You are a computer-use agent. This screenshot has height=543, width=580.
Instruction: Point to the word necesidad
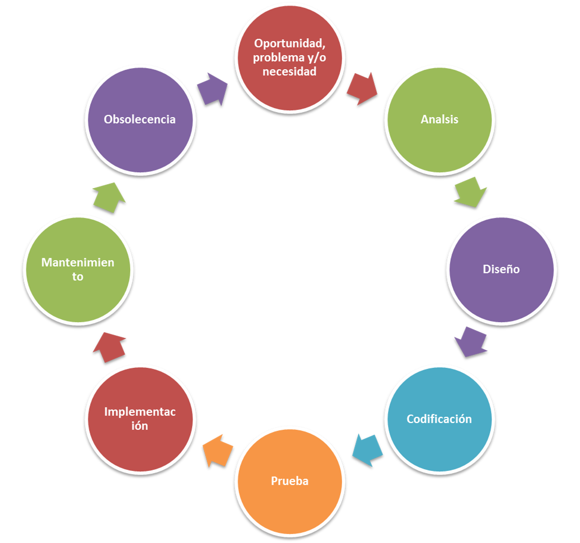pyautogui.click(x=289, y=72)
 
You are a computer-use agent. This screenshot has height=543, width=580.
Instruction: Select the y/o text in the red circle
pyautogui.click(x=314, y=57)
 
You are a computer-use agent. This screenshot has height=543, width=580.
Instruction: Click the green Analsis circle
pyautogui.click(x=440, y=119)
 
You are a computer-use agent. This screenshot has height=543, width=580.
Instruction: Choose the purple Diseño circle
pyautogui.click(x=501, y=269)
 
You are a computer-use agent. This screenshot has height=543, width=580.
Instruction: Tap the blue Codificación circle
pyautogui.click(x=439, y=419)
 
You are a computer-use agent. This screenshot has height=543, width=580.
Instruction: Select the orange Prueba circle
pyautogui.click(x=289, y=482)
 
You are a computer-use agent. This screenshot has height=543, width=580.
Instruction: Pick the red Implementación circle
pyautogui.click(x=140, y=419)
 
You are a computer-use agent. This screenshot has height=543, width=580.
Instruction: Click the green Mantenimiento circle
pyautogui.click(x=78, y=269)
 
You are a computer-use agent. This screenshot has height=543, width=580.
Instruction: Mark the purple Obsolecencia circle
pyautogui.click(x=140, y=119)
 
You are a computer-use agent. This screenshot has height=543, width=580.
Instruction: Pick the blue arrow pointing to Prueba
pyautogui.click(x=367, y=450)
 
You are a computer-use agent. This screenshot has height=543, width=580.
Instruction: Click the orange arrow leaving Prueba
pyautogui.click(x=217, y=451)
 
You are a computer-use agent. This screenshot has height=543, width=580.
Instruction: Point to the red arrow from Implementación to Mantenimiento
pyautogui.click(x=109, y=346)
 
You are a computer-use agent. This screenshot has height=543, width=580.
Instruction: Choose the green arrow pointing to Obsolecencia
pyautogui.click(x=109, y=197)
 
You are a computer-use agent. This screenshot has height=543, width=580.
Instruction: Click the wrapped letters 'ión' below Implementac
pyautogui.click(x=140, y=426)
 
